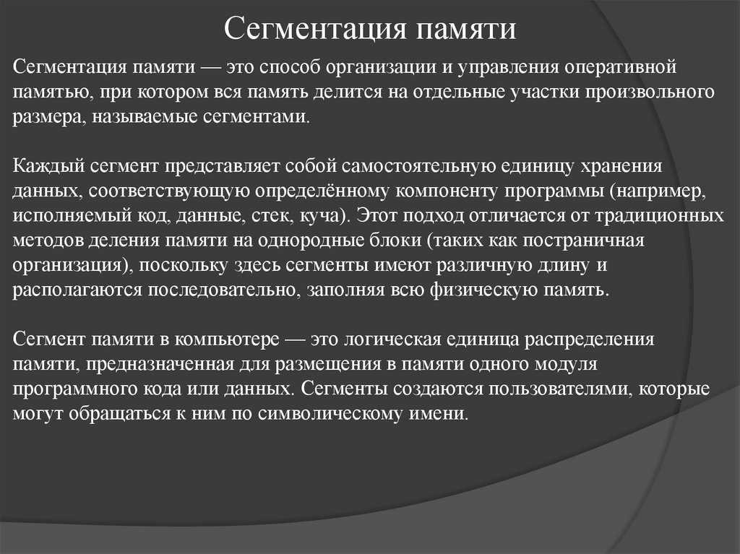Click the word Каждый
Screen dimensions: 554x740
coord(43,167)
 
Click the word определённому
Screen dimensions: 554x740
coord(322,191)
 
